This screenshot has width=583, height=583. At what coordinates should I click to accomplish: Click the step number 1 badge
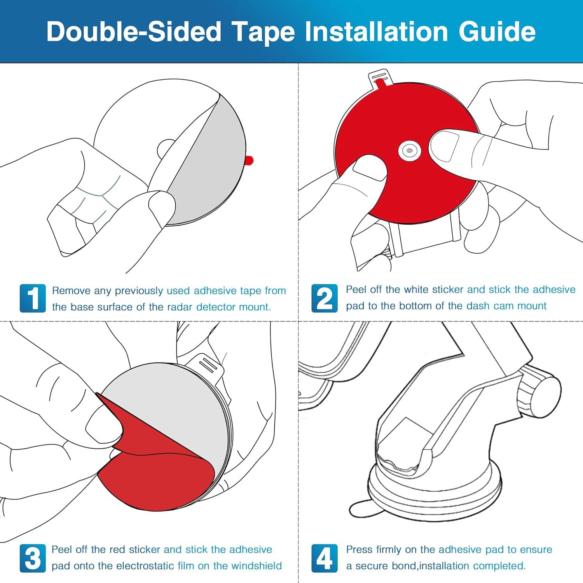(x=33, y=298)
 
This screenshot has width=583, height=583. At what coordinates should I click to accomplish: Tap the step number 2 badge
(x=325, y=298)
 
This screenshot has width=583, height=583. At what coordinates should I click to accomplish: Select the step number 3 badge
(x=33, y=559)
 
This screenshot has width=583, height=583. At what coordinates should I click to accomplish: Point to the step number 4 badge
(x=325, y=559)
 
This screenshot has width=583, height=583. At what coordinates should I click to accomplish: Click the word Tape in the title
(x=269, y=32)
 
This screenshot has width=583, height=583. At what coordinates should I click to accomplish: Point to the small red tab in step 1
(x=249, y=160)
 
